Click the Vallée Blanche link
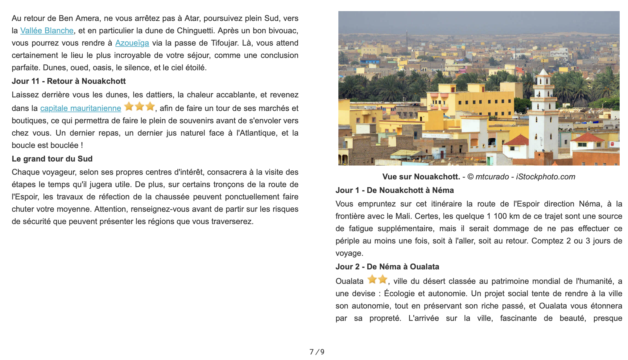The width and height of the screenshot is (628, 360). [x=47, y=31]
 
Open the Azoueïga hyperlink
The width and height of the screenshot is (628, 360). [x=132, y=43]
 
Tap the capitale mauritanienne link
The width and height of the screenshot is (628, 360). [x=81, y=108]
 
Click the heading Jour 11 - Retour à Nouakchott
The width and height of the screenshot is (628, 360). [x=68, y=81]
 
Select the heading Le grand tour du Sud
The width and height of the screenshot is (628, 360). [x=52, y=159]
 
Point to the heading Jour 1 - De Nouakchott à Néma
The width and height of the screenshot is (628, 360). [x=395, y=190]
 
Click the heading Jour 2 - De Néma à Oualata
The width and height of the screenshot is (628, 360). [x=387, y=267]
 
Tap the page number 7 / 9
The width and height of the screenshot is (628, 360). [x=317, y=352]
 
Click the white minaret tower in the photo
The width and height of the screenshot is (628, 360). [x=543, y=114]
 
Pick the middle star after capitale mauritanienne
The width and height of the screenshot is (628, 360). [x=140, y=107]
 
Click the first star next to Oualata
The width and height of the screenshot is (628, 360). [x=372, y=280]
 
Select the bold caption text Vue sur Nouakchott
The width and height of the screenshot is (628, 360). [x=421, y=177]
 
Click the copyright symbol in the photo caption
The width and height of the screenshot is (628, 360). [x=470, y=177]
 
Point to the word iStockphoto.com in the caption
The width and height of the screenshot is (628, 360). [x=546, y=177]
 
